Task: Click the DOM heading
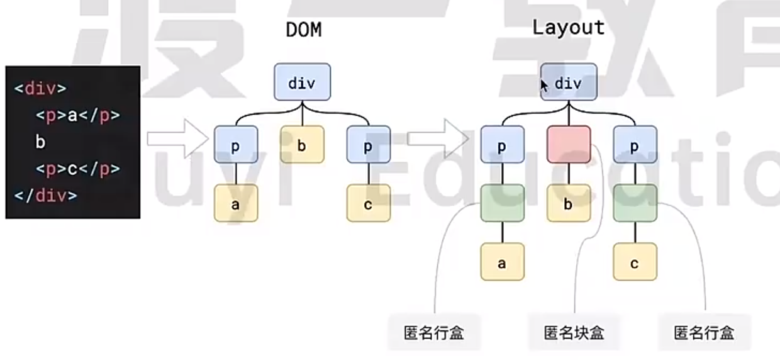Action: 303,30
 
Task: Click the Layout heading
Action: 568,27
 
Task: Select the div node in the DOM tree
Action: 302,82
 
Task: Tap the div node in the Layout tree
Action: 569,82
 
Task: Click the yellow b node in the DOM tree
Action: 302,145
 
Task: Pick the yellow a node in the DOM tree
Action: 236,203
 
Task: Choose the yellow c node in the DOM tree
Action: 369,203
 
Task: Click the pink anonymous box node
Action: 569,144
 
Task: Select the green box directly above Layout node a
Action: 502,203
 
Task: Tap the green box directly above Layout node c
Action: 635,203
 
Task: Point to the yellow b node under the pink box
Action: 569,203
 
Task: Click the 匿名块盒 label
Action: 574,332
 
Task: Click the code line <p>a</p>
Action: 77,115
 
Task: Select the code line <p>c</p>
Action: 77,169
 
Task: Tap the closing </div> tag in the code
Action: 45,195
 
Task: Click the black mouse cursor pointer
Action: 544,86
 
